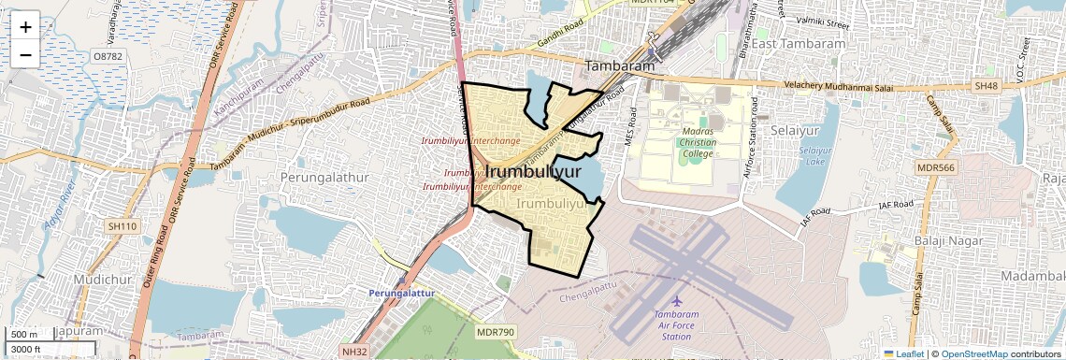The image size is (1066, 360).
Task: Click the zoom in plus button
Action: [x=25, y=26]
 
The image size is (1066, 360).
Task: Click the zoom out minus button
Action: [x=25, y=54]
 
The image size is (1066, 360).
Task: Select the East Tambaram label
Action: [x=799, y=44]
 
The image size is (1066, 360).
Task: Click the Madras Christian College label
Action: [x=698, y=142]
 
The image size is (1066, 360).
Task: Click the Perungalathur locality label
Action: [x=318, y=176]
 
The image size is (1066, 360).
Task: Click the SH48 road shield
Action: [x=986, y=86]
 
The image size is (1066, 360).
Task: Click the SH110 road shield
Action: [x=122, y=226]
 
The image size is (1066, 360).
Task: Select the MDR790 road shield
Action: [x=496, y=332]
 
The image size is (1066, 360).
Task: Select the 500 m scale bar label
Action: [x=24, y=335]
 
